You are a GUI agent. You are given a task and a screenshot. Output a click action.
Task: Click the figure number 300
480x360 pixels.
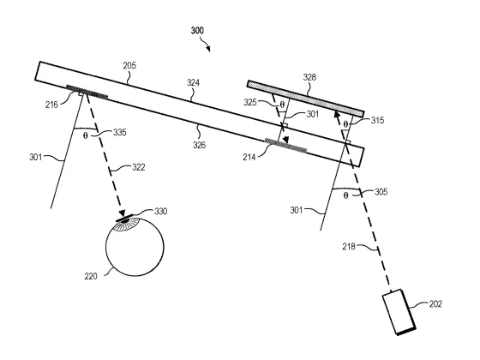[x=197, y=30]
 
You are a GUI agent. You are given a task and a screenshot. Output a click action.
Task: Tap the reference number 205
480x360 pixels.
[x=129, y=65]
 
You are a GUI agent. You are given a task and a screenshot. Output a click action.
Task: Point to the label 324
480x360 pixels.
[x=193, y=82]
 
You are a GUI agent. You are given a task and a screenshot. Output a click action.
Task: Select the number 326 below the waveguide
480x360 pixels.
[x=199, y=145]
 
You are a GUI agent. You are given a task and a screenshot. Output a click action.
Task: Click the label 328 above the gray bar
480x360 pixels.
[x=309, y=77]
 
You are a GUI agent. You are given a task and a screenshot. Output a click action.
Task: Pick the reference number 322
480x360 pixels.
[x=139, y=167]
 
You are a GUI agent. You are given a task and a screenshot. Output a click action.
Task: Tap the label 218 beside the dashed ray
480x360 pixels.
[x=349, y=246]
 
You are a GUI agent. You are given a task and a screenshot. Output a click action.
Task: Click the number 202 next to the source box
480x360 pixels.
[x=435, y=304]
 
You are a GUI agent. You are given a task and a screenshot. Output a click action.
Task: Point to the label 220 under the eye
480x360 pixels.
[x=91, y=276]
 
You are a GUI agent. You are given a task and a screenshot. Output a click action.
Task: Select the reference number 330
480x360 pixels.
[x=161, y=211]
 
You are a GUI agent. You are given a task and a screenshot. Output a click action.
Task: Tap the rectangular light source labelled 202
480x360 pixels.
[x=399, y=312]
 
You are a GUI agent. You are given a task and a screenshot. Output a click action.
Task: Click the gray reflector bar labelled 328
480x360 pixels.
[x=305, y=99]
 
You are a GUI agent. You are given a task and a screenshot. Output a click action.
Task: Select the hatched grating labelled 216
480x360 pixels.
[x=87, y=92]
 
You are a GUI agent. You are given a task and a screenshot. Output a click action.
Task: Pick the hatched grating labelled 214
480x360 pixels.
[x=285, y=145]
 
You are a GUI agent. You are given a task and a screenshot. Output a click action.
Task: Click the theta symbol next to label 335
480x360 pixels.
[x=86, y=135]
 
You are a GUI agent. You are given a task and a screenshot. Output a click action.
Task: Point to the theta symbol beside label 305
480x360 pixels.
[x=345, y=195]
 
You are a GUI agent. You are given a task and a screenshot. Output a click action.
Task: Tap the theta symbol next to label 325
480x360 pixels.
[x=282, y=105]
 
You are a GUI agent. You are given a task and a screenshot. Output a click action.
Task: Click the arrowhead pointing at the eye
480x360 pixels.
[x=123, y=213]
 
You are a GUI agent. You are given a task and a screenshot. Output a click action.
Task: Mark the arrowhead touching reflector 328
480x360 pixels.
[x=337, y=115]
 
